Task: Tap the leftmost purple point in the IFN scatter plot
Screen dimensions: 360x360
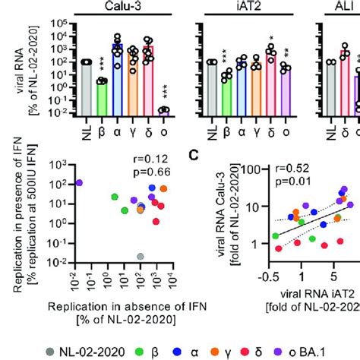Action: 79,183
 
